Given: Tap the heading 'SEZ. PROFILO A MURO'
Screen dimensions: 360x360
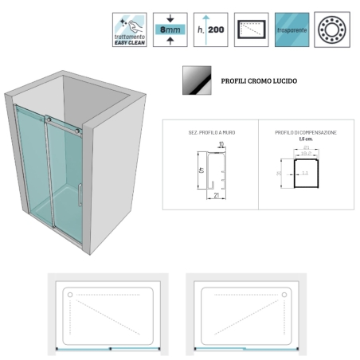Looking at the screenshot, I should tap(209, 131).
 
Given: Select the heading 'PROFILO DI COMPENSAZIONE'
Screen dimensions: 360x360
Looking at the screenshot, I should tap(306, 131).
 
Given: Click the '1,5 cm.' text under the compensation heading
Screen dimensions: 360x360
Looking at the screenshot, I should tap(305, 139).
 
